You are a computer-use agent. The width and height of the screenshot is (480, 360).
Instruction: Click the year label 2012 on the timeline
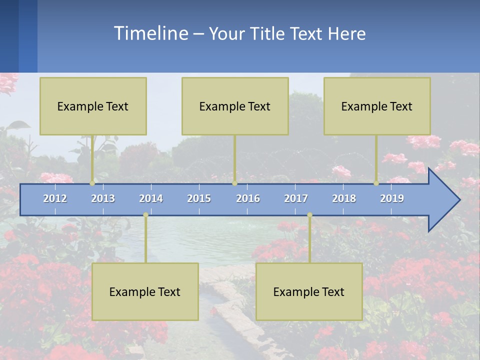[55, 198]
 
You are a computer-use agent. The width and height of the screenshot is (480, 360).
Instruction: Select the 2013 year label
[103, 198]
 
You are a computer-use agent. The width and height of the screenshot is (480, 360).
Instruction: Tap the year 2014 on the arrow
[151, 198]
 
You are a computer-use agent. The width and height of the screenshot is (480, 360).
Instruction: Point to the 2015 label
[199, 198]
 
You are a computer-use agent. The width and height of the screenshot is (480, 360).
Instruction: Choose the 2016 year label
[248, 198]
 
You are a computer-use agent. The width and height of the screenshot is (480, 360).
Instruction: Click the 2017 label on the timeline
[296, 198]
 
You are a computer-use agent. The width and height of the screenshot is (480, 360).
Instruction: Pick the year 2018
[344, 198]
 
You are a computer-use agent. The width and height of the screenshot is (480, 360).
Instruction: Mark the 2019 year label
[392, 198]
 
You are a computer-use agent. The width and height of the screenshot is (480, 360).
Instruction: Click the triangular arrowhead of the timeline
[443, 200]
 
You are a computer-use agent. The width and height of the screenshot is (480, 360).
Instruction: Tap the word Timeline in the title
[150, 33]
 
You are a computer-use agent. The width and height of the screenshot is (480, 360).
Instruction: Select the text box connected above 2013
[93, 106]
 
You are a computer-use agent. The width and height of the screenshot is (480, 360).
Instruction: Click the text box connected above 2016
[235, 106]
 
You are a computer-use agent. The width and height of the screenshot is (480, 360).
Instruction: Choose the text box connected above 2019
[377, 106]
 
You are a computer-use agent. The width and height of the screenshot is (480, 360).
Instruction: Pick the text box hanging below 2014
[145, 291]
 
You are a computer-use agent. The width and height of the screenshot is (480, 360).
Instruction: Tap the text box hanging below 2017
[309, 291]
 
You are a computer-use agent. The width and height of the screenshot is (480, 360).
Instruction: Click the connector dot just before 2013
[92, 183]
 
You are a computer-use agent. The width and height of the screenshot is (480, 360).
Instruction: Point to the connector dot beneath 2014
[145, 215]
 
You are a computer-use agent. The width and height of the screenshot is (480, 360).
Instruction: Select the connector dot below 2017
[309, 215]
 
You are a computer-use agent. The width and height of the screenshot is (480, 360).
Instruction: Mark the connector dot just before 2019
[376, 183]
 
